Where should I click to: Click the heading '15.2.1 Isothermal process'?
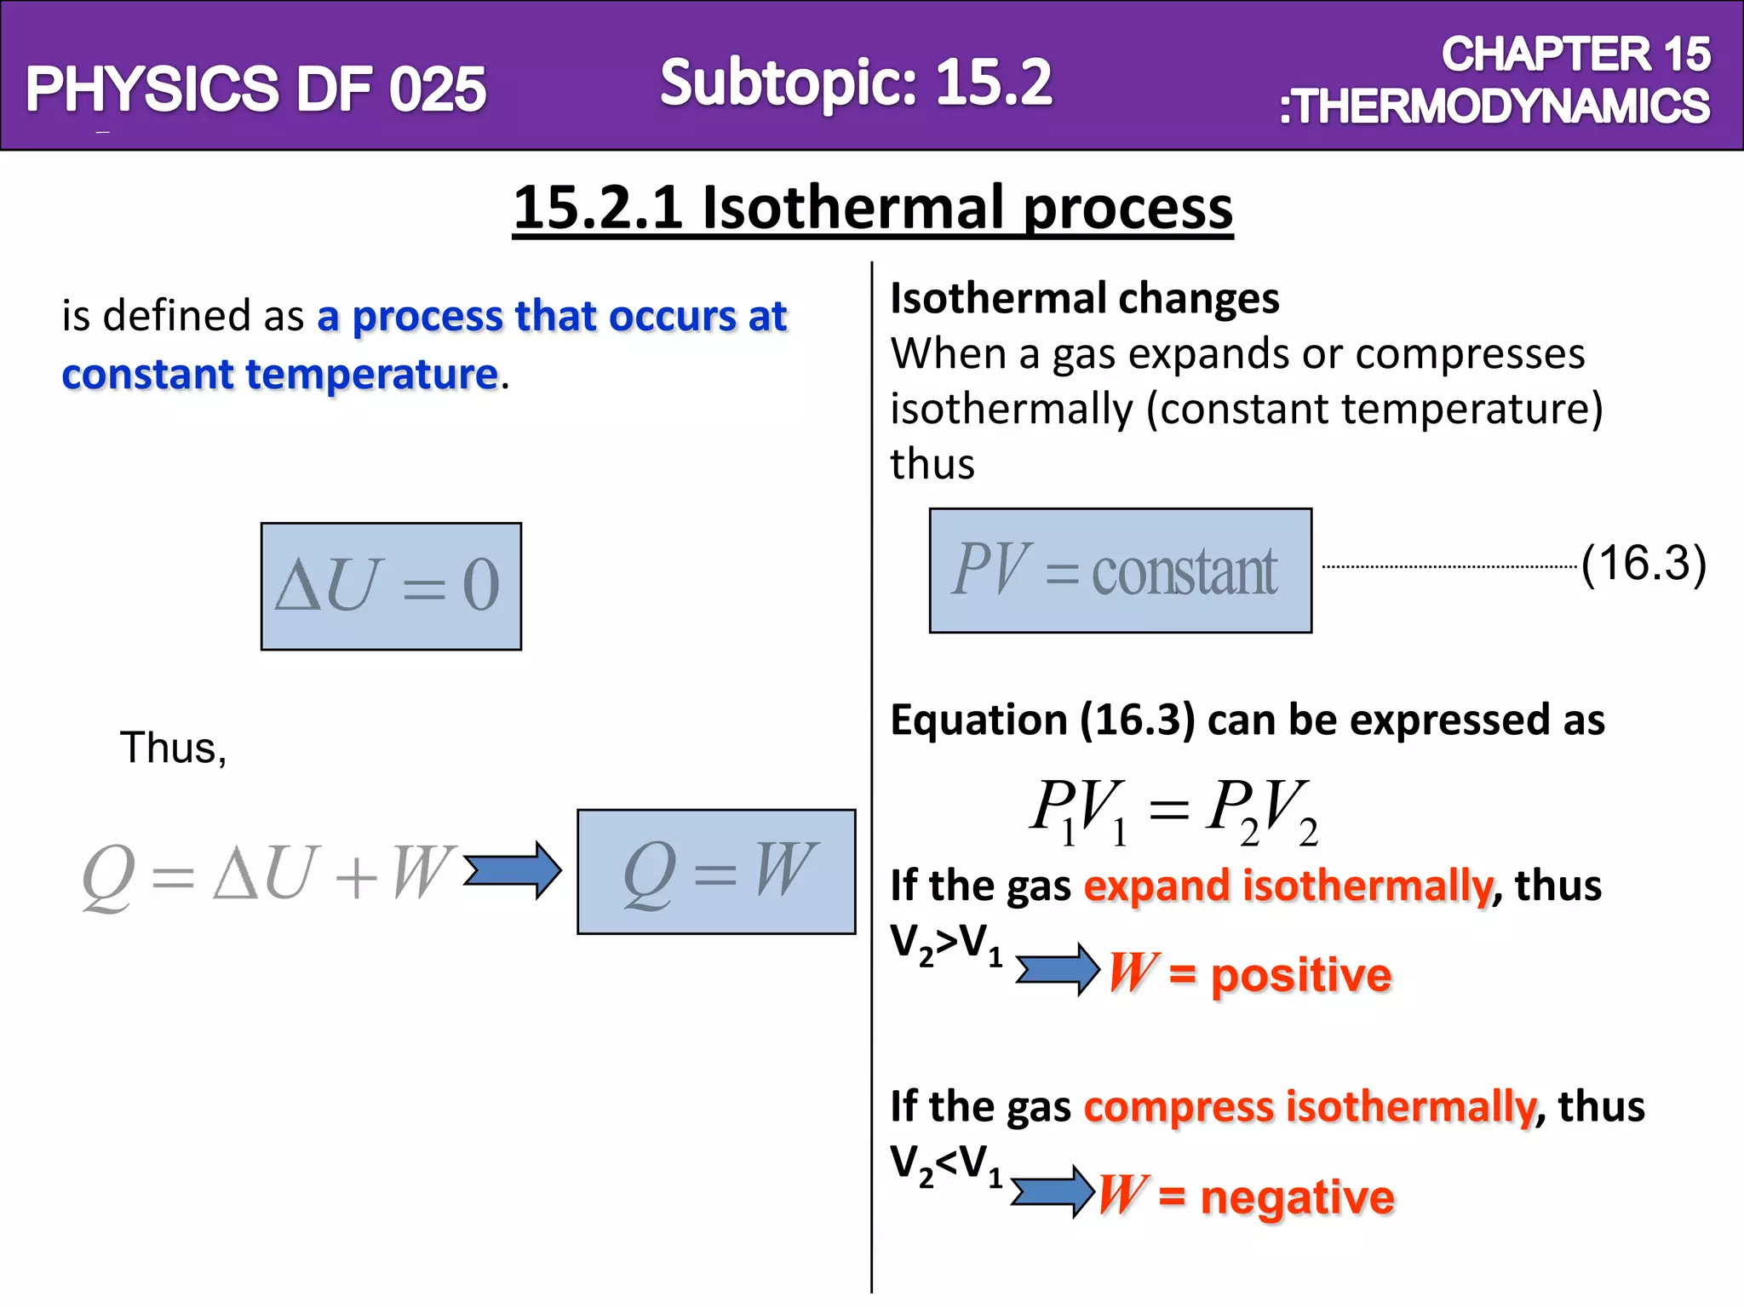[872, 208]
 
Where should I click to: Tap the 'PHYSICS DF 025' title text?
[255, 89]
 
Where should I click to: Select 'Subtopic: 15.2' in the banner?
[856, 83]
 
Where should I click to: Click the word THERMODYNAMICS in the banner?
[1499, 107]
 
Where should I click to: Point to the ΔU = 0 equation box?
[391, 586]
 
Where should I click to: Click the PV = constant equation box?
[1120, 571]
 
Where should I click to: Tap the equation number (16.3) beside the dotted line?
[1643, 564]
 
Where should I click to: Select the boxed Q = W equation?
[716, 871]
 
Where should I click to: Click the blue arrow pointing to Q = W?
[512, 869]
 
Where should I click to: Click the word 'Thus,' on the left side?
[174, 748]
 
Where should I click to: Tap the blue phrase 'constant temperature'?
[279, 375]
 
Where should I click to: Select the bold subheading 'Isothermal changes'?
[1084, 299]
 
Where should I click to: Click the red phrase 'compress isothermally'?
[1310, 1107]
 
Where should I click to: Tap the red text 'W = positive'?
[1249, 973]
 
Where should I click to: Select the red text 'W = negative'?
[1246, 1196]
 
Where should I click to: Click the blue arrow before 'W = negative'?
[1053, 1190]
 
